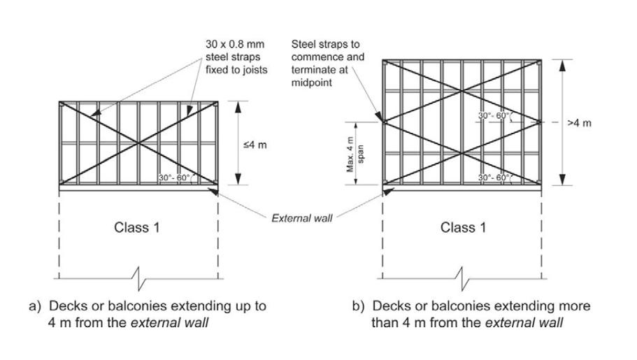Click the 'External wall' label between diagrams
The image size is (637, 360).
point(301,218)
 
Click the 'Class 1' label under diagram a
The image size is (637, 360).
point(141,228)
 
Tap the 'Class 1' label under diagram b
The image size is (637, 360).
point(463,228)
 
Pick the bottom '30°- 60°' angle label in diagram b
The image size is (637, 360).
point(494,179)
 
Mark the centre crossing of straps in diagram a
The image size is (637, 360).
point(139,143)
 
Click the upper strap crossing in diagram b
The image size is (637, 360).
point(462,91)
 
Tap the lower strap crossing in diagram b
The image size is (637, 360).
point(462,152)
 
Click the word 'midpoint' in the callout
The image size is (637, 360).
point(311,82)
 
